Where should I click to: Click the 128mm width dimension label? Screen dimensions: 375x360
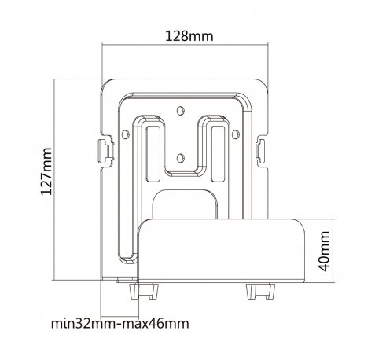(x=189, y=36)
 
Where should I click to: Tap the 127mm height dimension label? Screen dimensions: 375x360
(x=46, y=171)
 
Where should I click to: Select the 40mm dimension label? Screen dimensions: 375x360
(x=324, y=252)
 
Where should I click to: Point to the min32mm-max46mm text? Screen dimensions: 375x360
(x=119, y=323)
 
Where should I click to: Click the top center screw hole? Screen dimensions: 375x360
(x=180, y=111)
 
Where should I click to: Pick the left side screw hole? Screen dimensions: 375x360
(x=126, y=134)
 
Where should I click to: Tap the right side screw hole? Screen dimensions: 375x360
(x=236, y=134)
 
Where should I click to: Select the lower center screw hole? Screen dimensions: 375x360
(x=180, y=158)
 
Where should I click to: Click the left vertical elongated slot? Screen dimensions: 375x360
(x=153, y=154)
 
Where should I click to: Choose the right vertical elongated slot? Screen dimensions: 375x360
(x=218, y=154)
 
